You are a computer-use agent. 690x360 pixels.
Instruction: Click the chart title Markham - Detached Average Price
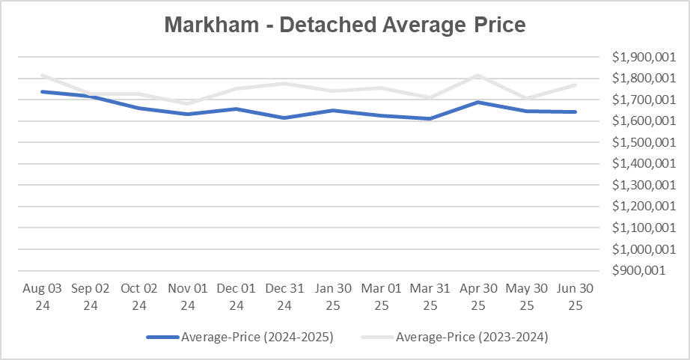point(345,25)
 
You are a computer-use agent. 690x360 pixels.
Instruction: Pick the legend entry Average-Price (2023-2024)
point(471,338)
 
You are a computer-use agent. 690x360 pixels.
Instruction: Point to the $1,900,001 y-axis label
point(638,57)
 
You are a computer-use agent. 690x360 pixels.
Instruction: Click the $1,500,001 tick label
point(638,142)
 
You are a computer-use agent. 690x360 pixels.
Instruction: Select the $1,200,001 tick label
point(638,206)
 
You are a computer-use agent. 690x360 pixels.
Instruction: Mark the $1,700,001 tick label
point(638,100)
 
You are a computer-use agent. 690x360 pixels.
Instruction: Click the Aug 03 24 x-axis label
point(42,296)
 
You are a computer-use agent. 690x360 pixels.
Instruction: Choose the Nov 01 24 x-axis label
point(188,296)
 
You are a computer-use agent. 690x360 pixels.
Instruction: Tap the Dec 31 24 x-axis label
point(285,296)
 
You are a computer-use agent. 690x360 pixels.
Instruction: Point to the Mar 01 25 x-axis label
point(382,296)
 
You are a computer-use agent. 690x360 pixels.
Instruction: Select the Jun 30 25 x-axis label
point(575,296)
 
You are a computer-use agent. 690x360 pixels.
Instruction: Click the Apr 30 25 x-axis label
point(479,296)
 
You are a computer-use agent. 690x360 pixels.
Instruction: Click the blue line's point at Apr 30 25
point(479,102)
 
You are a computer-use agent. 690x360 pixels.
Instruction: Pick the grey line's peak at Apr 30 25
point(479,75)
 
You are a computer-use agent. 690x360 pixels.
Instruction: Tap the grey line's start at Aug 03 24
point(42,75)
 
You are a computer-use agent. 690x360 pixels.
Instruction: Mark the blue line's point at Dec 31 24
point(285,118)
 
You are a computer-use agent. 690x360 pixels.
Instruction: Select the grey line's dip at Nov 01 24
point(188,104)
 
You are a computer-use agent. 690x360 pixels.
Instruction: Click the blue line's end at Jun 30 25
point(575,112)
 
